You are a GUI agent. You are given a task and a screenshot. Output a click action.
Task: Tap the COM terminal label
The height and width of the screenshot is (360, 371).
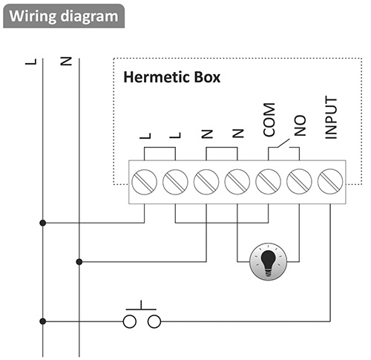(269, 120)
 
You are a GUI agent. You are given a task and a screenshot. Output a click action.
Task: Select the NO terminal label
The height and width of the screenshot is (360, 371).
(300, 125)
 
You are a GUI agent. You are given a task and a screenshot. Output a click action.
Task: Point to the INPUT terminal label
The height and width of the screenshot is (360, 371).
(331, 117)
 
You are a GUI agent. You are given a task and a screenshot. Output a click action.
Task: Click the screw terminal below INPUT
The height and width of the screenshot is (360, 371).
(330, 182)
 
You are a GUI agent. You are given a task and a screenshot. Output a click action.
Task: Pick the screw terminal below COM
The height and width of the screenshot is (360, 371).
(268, 182)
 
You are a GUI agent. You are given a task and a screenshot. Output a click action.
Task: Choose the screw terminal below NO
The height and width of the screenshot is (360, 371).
(299, 182)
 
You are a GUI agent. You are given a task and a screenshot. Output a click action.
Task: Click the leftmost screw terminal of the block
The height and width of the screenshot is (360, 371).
(144, 182)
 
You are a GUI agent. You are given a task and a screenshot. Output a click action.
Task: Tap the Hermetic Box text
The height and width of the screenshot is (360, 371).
(171, 77)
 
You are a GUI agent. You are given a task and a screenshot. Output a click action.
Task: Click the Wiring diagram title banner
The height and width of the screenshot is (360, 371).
(64, 16)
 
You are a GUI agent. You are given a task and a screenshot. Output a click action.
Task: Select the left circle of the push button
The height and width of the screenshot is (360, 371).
(130, 321)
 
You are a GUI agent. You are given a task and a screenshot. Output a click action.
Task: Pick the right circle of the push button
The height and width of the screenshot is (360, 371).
(154, 321)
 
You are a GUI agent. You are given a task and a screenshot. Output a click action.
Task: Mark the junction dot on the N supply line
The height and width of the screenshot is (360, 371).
(79, 261)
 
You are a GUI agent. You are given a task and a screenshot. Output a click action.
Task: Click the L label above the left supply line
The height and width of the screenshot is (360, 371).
(31, 62)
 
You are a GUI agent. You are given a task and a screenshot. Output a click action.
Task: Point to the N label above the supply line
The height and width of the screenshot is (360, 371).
(66, 61)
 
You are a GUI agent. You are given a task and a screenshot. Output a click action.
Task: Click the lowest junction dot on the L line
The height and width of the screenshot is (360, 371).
(43, 321)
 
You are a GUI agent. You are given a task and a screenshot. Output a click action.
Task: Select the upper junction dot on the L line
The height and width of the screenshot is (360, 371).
(43, 223)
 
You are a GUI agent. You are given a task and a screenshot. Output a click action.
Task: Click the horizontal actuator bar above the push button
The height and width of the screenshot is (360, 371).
(141, 310)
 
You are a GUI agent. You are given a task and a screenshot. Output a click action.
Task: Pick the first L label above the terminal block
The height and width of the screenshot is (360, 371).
(145, 136)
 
